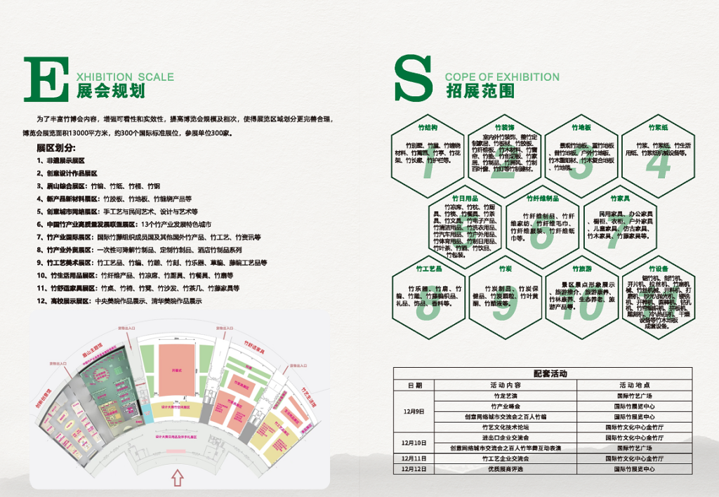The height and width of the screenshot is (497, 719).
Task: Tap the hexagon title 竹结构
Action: [x=428, y=128]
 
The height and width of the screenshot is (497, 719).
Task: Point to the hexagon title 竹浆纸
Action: [x=658, y=128]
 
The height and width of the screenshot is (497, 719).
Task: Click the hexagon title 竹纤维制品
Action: [x=542, y=199]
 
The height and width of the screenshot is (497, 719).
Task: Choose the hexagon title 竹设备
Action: [x=658, y=269]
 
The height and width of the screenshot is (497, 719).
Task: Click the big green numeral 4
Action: [x=658, y=163]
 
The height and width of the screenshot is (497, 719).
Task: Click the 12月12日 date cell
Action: [x=414, y=468]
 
